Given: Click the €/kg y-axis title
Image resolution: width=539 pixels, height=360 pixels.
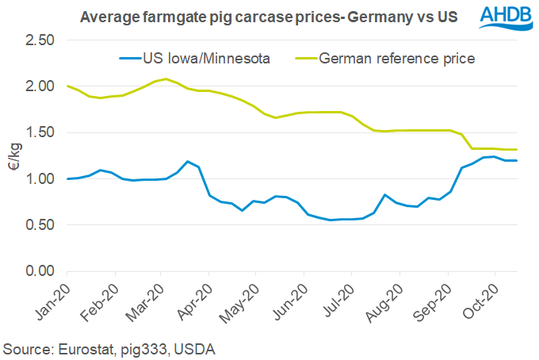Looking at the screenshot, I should click(x=11, y=155).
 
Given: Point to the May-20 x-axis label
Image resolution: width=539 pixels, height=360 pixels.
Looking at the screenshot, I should click(x=243, y=297).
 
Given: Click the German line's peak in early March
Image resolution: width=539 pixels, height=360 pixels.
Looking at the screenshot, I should click(x=165, y=79).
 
